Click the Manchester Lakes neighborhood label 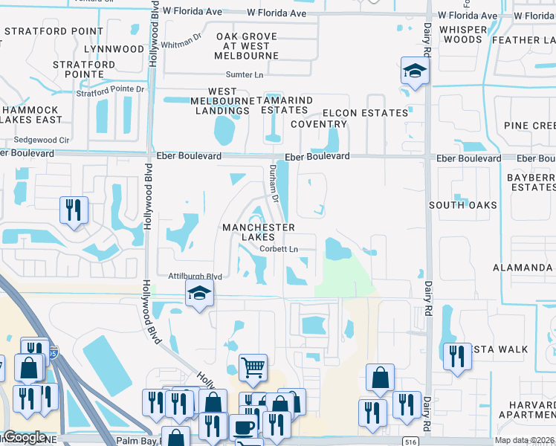click(256, 232)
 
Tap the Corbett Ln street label click(284, 249)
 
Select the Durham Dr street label click(274, 185)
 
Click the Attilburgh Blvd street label click(195, 275)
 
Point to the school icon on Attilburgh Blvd click(199, 294)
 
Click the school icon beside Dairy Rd click(415, 71)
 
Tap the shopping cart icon click(253, 366)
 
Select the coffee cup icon click(243, 427)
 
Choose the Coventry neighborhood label click(319, 124)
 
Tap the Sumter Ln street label click(245, 75)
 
